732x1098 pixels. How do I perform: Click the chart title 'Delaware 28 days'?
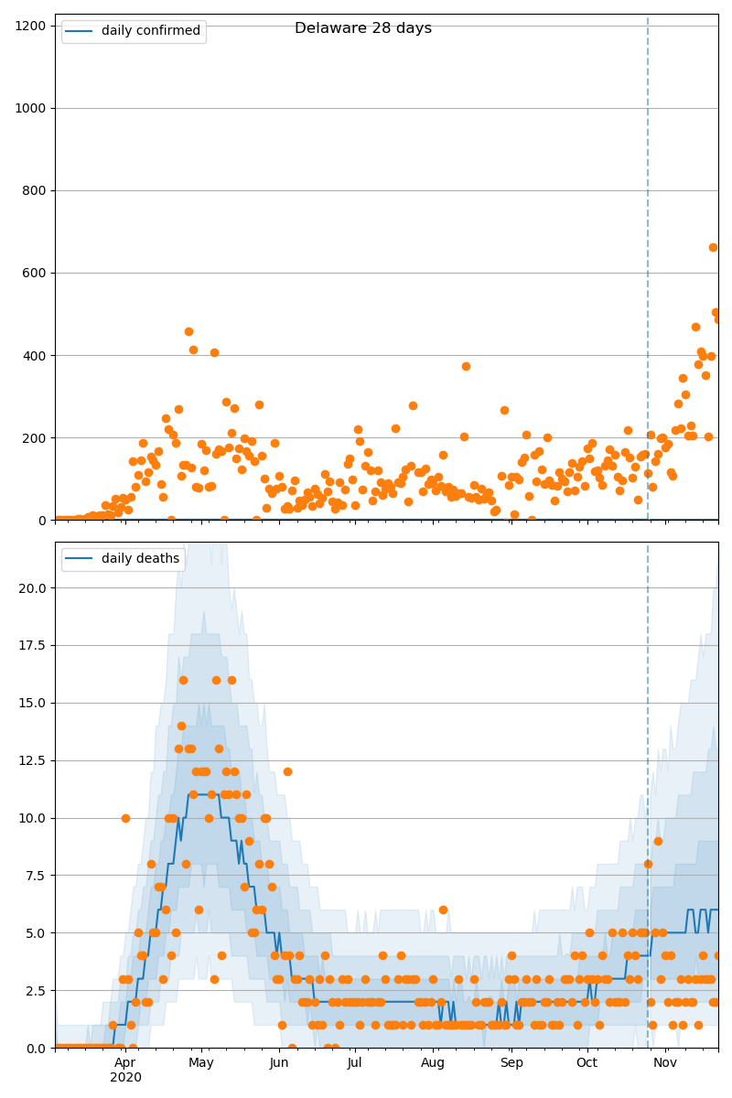click(x=362, y=28)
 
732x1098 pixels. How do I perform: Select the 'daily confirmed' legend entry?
click(x=150, y=31)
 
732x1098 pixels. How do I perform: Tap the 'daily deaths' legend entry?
click(x=140, y=558)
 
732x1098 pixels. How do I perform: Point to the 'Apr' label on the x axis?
click(x=125, y=1062)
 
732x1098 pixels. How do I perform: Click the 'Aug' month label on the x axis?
click(x=433, y=1062)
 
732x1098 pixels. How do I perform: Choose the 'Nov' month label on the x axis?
click(x=665, y=1062)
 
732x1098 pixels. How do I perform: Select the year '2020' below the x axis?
click(x=125, y=1077)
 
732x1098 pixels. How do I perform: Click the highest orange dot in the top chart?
click(x=713, y=247)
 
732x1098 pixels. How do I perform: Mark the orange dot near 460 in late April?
click(x=188, y=331)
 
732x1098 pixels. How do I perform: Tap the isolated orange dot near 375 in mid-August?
click(x=466, y=366)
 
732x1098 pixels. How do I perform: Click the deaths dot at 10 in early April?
click(x=125, y=818)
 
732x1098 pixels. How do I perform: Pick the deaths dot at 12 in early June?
click(x=287, y=771)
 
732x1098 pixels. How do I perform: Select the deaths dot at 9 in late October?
click(x=658, y=841)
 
